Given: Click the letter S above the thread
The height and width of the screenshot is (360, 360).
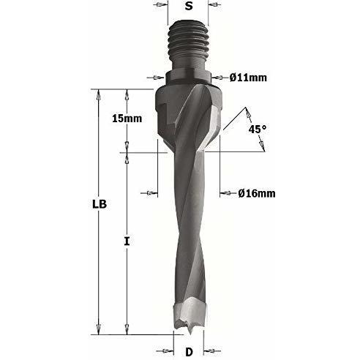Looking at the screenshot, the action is coord(189,6).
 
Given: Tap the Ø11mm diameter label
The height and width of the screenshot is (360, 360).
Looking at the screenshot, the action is coord(248,78).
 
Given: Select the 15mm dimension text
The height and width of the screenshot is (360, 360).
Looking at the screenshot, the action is coord(127,119).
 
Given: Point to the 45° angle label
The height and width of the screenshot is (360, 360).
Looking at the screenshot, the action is coord(258,129).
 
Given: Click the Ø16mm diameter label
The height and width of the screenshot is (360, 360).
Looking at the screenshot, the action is coord(257,193).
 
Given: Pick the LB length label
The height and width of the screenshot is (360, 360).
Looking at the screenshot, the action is coord(100,204).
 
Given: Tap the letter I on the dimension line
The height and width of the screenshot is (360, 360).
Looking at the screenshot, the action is coord(127,241).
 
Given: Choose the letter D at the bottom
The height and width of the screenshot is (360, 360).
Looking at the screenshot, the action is coord(189,351).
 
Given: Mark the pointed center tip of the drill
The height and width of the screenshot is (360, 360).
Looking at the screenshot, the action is coord(190,334).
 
